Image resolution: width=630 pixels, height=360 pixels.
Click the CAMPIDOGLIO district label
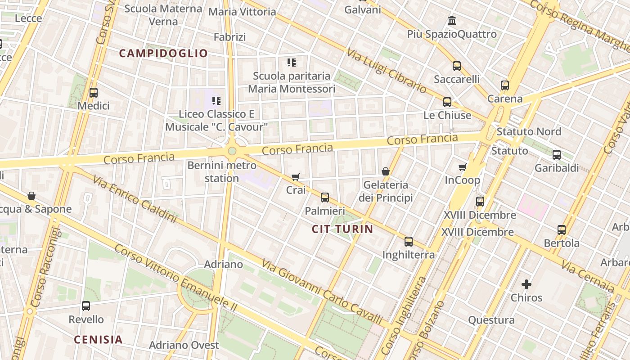pos(163,54)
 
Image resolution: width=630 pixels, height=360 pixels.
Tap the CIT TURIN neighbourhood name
pos(342,229)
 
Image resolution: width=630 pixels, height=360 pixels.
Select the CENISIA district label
pos(98,340)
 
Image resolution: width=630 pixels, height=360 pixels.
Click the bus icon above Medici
pos(94,93)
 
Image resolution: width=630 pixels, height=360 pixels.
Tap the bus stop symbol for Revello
pos(86,306)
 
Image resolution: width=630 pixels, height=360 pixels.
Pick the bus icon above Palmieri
pos(324,198)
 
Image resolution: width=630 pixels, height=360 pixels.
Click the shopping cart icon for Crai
pos(296,177)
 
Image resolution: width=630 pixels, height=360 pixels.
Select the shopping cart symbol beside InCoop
pos(462,167)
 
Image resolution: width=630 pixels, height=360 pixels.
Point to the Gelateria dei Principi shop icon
pos(386,171)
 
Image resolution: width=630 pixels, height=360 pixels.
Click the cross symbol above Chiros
pos(526,284)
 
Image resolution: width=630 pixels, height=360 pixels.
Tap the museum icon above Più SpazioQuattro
pos(452,21)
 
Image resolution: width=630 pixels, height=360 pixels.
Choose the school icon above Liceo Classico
pos(216,100)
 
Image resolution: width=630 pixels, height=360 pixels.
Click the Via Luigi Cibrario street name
pos(386,70)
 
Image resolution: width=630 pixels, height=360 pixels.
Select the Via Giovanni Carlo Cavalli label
pos(322,292)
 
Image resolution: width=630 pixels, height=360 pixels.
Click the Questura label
pos(491,320)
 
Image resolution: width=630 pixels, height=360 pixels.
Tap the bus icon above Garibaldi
pos(557,155)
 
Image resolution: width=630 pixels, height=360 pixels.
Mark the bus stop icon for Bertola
pos(562,230)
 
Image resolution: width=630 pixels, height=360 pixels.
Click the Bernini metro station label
pos(222,172)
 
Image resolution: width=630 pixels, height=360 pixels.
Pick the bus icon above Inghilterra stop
pos(409,242)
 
